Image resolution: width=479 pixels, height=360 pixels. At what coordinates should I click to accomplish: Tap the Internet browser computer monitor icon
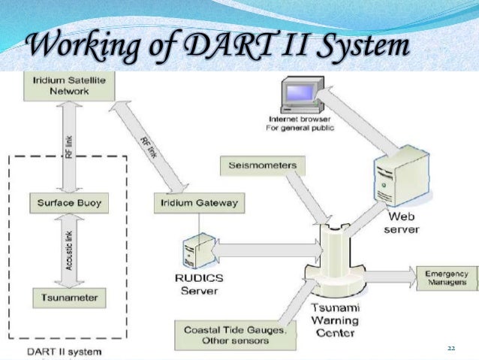pyautogui.click(x=295, y=95)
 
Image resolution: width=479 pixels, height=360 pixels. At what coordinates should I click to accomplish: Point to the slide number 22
pyautogui.click(x=451, y=348)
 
